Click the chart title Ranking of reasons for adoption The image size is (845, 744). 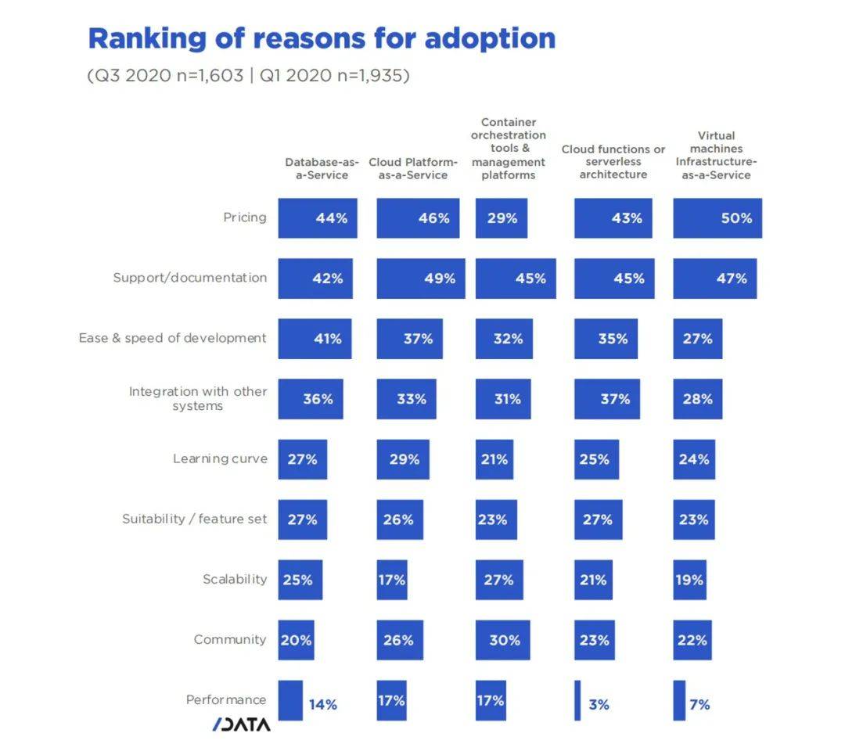click(322, 38)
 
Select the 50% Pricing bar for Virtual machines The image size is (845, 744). click(717, 218)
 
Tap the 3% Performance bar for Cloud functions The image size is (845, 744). click(577, 700)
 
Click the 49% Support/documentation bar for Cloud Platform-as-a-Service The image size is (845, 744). click(420, 279)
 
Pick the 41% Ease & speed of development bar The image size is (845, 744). click(315, 339)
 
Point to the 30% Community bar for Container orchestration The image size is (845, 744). click(502, 640)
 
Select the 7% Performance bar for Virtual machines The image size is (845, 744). click(679, 700)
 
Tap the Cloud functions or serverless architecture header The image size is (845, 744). click(613, 162)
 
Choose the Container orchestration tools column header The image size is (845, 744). click(509, 149)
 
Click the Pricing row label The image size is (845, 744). click(245, 217)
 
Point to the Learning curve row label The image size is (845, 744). click(220, 458)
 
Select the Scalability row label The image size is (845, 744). click(235, 580)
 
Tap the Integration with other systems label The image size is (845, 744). click(198, 398)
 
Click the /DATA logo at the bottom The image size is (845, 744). click(241, 724)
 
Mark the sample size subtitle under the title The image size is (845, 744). click(248, 76)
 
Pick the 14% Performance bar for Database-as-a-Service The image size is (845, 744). click(290, 700)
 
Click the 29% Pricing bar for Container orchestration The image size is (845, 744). click(501, 218)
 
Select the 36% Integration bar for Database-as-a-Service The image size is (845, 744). click(310, 399)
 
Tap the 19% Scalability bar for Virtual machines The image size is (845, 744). click(689, 580)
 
